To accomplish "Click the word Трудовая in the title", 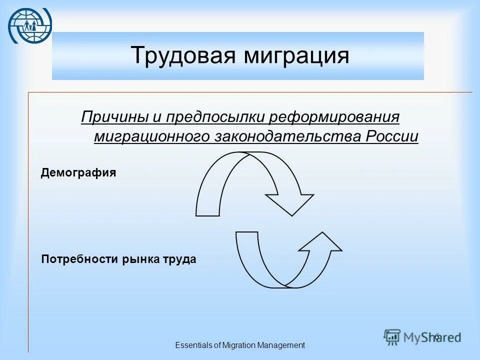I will [183, 55].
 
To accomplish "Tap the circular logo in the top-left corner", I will [29, 25].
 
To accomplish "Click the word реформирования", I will [335, 118].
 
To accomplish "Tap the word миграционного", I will [152, 136].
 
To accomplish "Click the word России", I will [392, 136].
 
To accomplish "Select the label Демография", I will [78, 173].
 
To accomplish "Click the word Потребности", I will [78, 259].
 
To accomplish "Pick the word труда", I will [179, 259].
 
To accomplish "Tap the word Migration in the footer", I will [238, 345].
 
